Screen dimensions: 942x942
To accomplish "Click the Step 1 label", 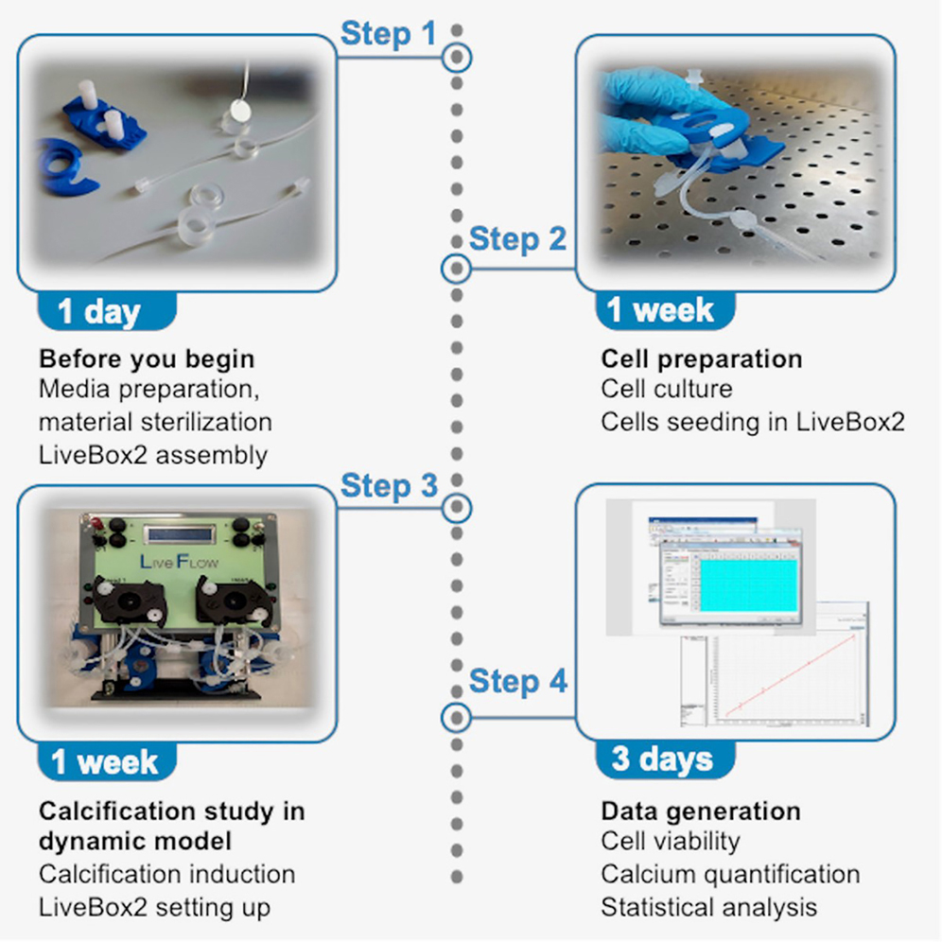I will pos(388,34).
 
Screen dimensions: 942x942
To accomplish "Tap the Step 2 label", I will pos(517,238).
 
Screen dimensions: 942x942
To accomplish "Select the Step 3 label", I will pos(388,486).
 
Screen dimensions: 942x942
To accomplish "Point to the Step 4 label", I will pos(517,681).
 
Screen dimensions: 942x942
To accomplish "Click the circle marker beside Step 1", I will pos(457,58).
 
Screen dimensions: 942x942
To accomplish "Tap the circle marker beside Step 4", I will pos(457,717).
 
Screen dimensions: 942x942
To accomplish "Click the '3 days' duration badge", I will pos(662,759).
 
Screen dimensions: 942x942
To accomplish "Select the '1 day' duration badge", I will pos(99,313).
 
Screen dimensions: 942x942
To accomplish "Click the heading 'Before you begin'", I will pos(147,359).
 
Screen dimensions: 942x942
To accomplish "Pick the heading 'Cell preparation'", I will pos(702,359).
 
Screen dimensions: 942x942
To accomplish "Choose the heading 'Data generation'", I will pos(701,811).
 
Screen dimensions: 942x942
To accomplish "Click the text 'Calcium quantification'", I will pos(730,874).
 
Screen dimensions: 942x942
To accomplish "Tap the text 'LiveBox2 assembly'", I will pos(153,455).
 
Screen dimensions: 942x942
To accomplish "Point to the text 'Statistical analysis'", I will pos(708,907).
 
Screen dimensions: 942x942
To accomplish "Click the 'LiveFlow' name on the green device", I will pos(179,562).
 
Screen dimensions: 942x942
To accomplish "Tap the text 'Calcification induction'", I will pos(166,874).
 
